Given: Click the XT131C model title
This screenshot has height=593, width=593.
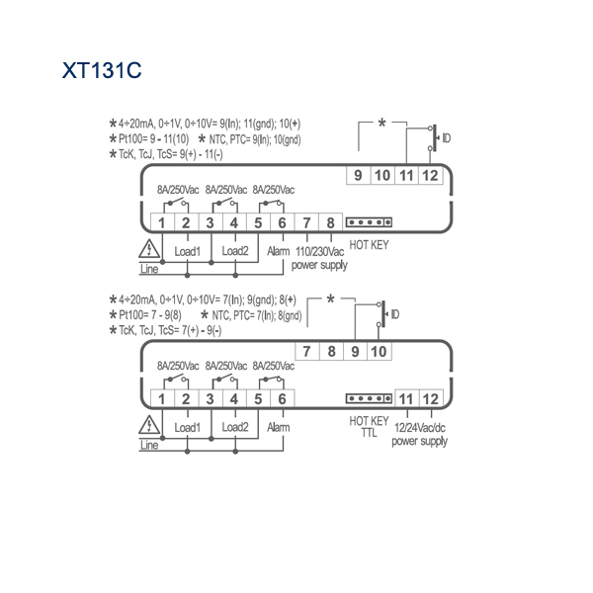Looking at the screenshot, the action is (x=102, y=70).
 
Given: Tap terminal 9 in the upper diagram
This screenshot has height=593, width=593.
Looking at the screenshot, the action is (x=358, y=176).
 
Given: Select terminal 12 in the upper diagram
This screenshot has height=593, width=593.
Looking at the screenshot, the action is (x=430, y=176).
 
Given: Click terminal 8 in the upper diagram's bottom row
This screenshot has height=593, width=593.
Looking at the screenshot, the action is (x=330, y=222).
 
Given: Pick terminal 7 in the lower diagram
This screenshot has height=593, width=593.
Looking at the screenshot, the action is (x=306, y=351).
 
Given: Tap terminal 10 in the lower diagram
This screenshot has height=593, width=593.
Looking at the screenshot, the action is (x=379, y=351).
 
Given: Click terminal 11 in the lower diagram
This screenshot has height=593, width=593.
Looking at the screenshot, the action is (x=406, y=399).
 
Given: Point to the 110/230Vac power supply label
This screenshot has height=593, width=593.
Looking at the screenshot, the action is (x=319, y=258).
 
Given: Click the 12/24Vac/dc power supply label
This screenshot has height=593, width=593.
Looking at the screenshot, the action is (x=419, y=435).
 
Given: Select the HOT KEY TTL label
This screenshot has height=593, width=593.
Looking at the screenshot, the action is (x=369, y=427).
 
